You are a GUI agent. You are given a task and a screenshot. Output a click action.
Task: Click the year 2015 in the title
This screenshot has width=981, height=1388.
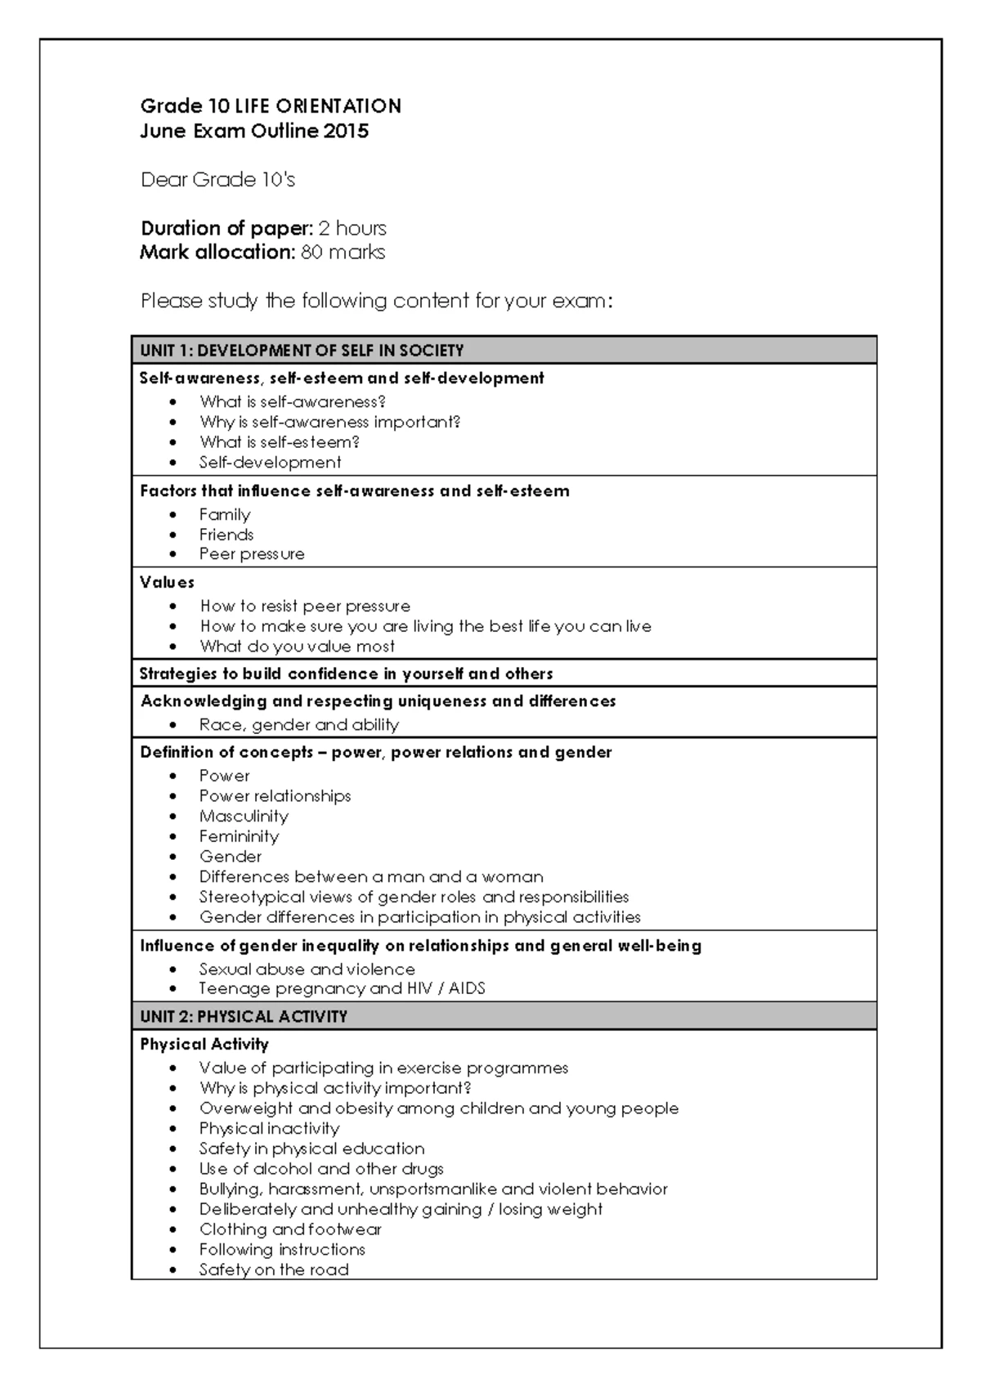pos(346,131)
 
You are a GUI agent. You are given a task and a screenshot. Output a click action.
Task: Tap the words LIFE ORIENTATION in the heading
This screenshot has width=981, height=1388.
pos(318,106)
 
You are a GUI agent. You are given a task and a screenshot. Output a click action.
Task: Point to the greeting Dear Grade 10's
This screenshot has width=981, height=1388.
pos(217,180)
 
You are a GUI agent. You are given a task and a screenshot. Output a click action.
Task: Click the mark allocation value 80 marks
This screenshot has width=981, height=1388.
pos(343,253)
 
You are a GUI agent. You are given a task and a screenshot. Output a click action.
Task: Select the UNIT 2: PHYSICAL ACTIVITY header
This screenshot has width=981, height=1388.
pos(244,1016)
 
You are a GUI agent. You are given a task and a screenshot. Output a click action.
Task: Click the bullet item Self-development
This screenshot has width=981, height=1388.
pos(271,463)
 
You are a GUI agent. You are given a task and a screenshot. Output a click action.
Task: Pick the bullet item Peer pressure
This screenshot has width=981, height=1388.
pos(252,554)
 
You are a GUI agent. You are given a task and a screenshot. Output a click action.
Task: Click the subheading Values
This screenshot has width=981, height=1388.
pos(167,582)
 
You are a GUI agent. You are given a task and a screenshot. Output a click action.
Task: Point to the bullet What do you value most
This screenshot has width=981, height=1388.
pos(298,647)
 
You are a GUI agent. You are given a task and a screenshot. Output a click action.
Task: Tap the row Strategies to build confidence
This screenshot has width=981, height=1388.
pos(346,674)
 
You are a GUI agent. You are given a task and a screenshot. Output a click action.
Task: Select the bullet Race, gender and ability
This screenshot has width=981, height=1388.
pos(299,725)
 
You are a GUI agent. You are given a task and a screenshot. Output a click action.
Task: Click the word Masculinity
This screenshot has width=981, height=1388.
pos(244,817)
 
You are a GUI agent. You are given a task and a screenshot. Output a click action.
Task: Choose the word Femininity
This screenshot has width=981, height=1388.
pos(240,836)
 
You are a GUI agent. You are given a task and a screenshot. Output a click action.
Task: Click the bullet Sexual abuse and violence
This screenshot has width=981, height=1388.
pos(307,969)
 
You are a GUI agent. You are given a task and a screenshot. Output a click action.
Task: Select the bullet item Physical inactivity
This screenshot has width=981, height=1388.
pos(269,1129)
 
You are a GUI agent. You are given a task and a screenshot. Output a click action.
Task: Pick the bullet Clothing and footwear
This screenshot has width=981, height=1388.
pos(290,1229)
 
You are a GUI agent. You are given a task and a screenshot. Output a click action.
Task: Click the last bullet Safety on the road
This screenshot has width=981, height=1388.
pos(274,1269)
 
